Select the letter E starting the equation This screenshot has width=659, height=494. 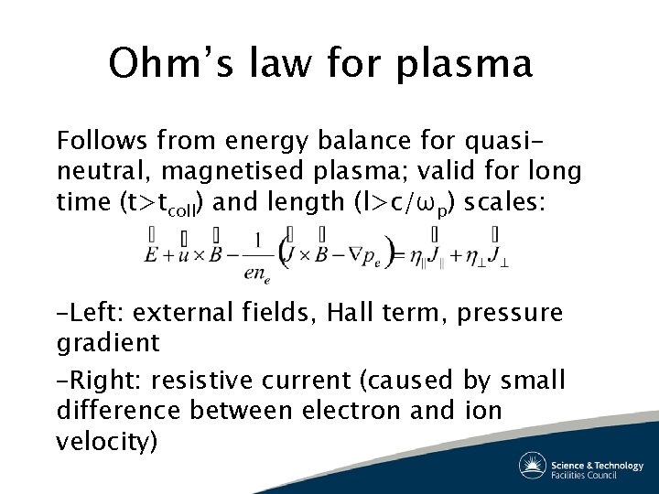tap(151, 254)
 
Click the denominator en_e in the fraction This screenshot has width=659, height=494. tap(257, 273)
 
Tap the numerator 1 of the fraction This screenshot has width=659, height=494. tap(258, 241)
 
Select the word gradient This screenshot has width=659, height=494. tap(107, 343)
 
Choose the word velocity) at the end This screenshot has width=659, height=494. tap(107, 442)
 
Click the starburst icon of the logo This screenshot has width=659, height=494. tap(533, 467)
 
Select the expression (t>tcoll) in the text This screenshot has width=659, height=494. tap(161, 203)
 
